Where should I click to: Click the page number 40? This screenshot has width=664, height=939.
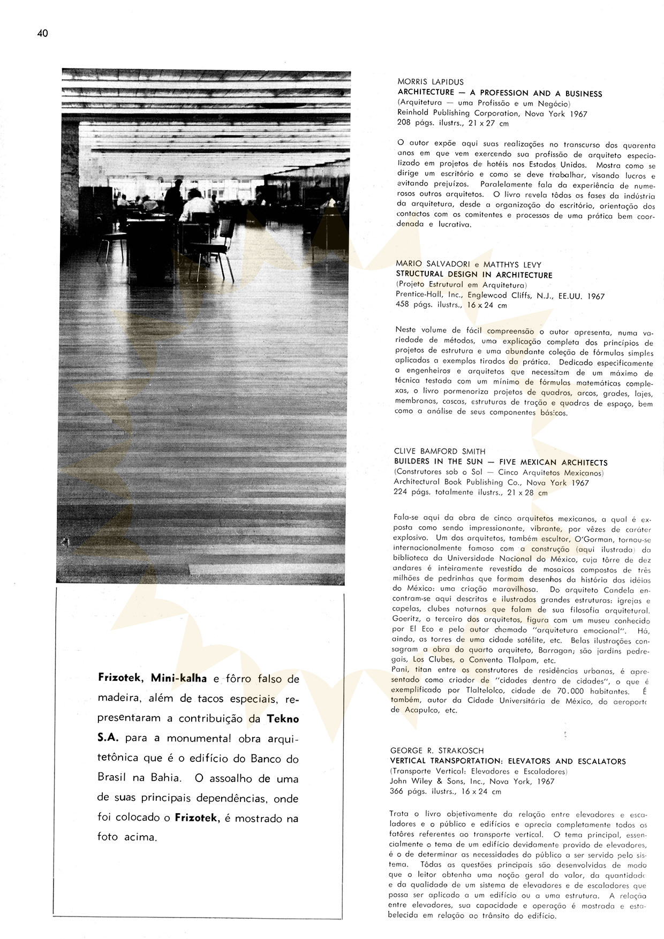[43, 34]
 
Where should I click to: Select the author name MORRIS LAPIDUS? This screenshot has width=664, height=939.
[431, 82]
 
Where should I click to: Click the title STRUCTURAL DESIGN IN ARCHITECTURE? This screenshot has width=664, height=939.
[474, 275]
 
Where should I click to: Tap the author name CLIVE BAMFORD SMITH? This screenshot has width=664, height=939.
[440, 451]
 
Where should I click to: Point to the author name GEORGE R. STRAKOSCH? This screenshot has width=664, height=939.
[437, 751]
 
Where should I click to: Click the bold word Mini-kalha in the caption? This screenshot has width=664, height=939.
[178, 678]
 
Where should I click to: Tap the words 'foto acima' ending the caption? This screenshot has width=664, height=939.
[127, 837]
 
